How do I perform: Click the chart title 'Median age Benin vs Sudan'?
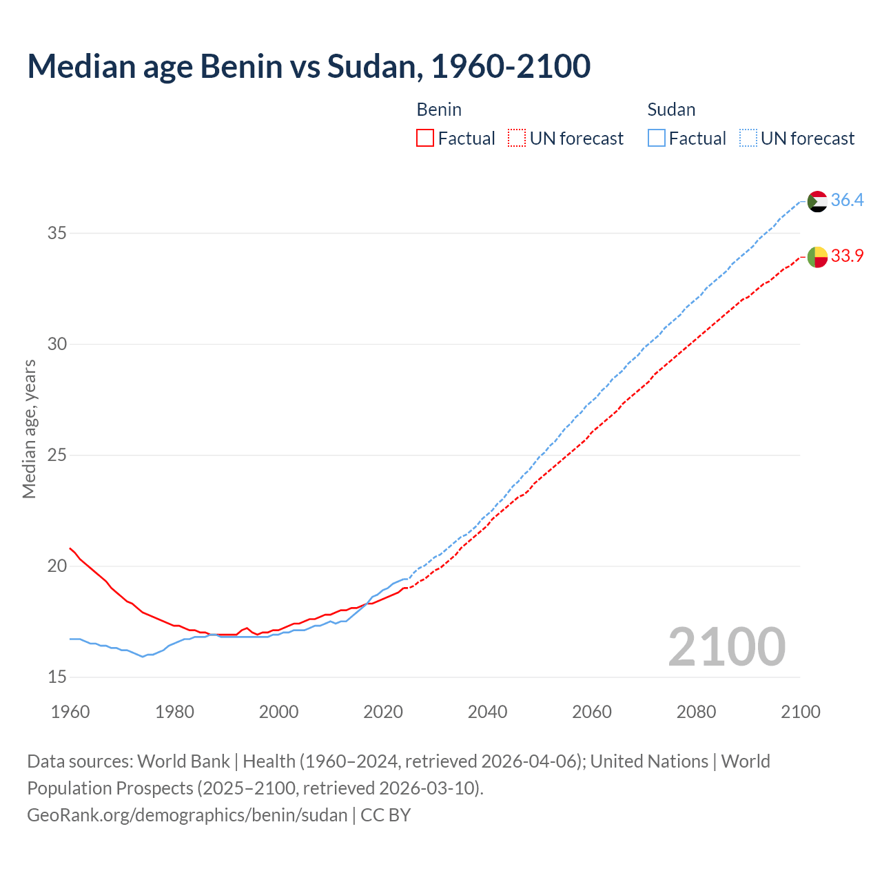[309, 66]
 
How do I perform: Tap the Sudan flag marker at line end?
[817, 201]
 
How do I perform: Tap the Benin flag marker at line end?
[817, 256]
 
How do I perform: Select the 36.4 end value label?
[847, 200]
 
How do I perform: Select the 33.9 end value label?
[847, 256]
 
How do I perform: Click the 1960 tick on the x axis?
[70, 712]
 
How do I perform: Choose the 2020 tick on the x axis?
[383, 712]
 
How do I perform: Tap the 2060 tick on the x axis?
[592, 712]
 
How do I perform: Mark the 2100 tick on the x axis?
[800, 712]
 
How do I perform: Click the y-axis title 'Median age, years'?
[29, 429]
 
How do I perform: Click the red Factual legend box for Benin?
[425, 139]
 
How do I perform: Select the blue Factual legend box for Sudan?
[657, 139]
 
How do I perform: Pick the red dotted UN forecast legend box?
[517, 139]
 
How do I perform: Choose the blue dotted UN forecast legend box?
[748, 139]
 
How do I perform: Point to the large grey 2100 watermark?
[726, 647]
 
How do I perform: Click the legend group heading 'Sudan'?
[671, 110]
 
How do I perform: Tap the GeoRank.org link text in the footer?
[187, 815]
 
